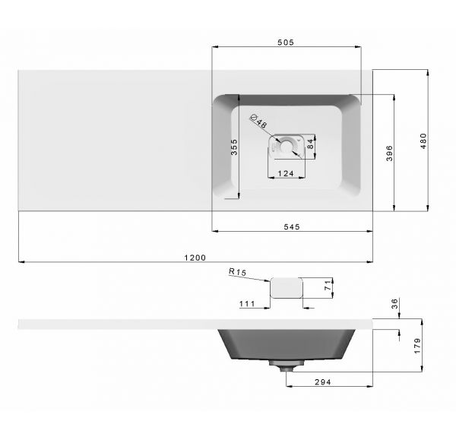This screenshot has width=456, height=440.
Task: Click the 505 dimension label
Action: point(286,43)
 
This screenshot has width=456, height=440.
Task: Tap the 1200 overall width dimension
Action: point(195,258)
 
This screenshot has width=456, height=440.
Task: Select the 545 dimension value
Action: point(292,226)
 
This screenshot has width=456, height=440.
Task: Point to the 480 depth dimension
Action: point(423,141)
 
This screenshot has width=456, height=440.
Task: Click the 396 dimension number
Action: point(389,154)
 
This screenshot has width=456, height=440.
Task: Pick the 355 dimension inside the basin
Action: point(234,147)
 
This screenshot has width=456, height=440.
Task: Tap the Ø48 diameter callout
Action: point(258,121)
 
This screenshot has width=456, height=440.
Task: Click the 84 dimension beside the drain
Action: point(311,144)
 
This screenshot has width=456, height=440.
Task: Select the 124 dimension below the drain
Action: point(286,173)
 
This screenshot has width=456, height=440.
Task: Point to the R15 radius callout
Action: point(237,272)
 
